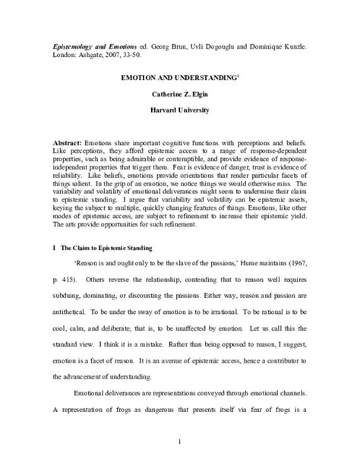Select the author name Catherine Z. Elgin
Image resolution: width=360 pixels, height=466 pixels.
point(180,94)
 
